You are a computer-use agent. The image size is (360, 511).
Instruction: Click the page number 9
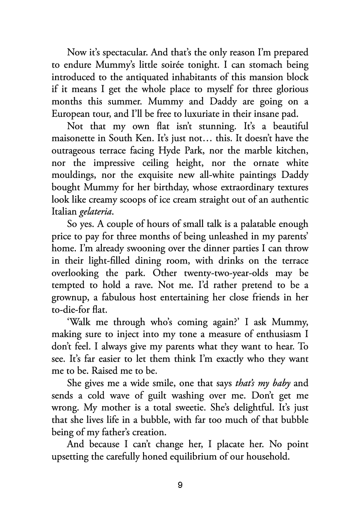coord(180,485)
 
